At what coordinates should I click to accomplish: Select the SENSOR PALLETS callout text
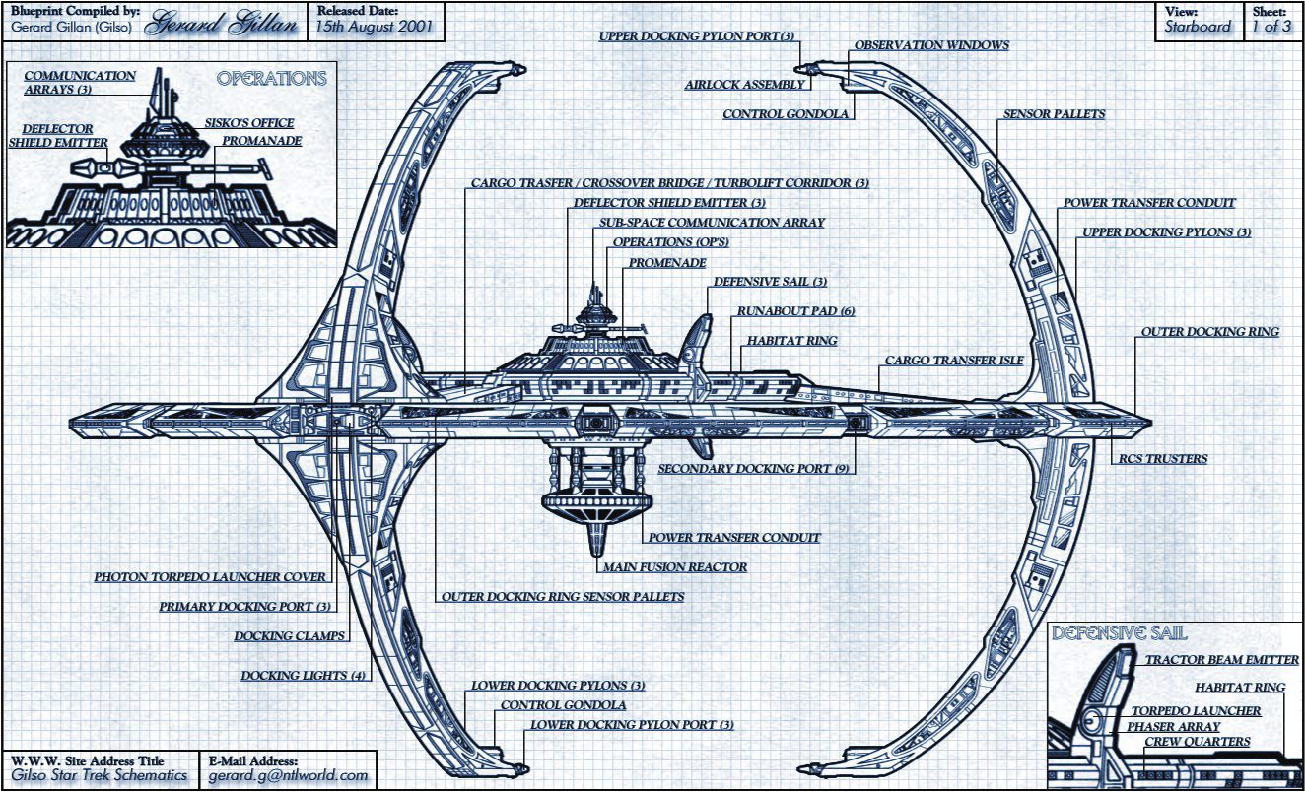1054,114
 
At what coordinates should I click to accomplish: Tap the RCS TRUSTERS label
1161,459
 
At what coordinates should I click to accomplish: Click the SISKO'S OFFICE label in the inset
248,123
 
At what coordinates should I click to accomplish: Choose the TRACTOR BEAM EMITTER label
1221,660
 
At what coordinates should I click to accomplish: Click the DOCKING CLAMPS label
290,636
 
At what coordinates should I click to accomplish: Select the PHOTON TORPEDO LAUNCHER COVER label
210,577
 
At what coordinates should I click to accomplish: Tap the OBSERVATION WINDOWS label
931,45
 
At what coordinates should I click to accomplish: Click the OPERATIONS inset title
271,79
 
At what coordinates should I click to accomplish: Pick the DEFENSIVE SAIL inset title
1119,633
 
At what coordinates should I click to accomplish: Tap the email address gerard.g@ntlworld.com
288,775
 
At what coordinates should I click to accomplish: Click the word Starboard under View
1198,28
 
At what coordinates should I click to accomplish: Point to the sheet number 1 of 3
1271,28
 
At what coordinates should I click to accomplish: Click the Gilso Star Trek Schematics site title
99,775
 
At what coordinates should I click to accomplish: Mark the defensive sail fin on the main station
701,342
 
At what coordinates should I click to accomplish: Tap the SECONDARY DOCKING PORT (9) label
753,469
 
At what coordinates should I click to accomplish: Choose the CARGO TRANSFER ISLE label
953,361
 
